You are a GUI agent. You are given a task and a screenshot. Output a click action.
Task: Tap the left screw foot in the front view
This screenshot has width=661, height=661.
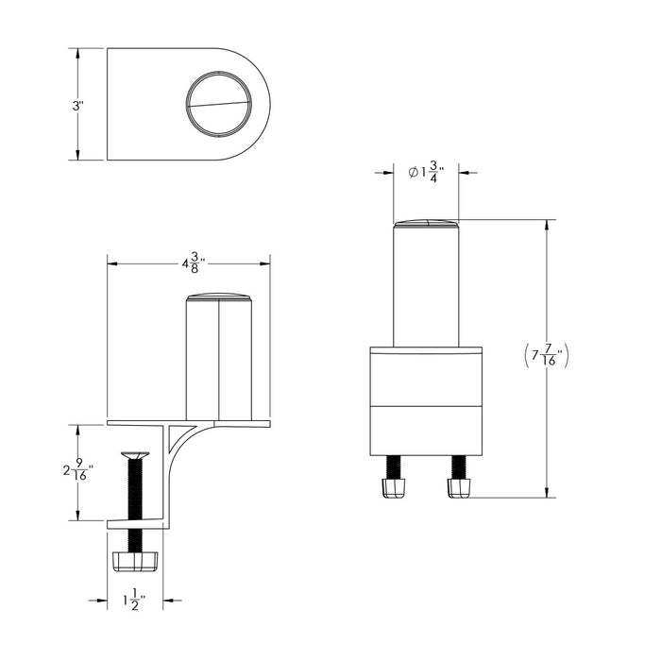click(392, 487)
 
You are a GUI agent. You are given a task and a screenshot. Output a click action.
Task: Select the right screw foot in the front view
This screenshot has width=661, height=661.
click(459, 487)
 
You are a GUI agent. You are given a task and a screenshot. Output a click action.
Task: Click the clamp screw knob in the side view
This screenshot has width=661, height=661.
click(135, 562)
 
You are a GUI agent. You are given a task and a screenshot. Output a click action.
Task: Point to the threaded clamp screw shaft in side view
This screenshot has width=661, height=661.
click(135, 491)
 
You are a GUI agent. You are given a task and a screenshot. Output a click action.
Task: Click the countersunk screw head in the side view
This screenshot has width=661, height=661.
click(135, 455)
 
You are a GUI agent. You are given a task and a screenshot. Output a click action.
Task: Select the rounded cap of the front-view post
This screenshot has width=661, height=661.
click(426, 224)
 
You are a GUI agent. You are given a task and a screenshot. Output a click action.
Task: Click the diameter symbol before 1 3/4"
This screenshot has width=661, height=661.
click(413, 172)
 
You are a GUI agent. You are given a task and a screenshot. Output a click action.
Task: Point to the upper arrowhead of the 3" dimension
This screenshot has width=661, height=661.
click(77, 54)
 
